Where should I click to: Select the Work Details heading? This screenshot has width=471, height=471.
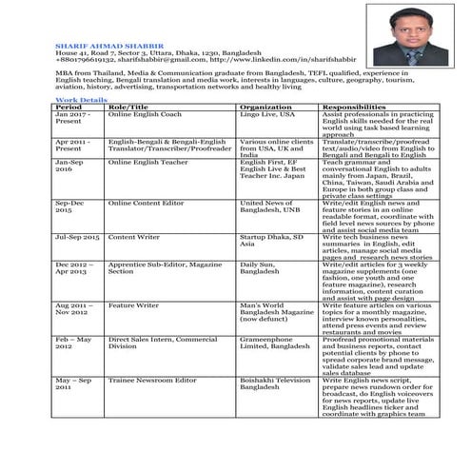[81, 99]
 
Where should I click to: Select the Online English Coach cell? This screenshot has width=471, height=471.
[145, 114]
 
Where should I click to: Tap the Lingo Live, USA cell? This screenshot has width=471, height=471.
[267, 114]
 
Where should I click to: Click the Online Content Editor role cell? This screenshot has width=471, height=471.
[147, 203]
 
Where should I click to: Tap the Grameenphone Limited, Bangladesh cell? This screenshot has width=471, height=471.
[274, 342]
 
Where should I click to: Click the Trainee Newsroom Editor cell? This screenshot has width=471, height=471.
[152, 380]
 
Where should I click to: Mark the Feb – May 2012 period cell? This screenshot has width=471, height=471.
[75, 342]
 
